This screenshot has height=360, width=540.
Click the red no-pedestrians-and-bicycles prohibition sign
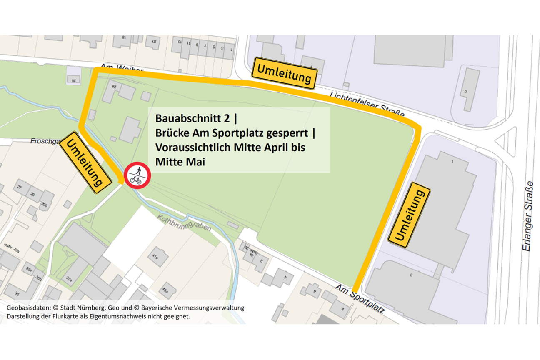point(137,175)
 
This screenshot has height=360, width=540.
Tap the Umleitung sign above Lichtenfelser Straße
point(285,73)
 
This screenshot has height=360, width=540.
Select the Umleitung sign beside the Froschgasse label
point(85,162)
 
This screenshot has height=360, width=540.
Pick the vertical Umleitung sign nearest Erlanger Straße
point(409,215)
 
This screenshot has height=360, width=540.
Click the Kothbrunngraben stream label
point(184,223)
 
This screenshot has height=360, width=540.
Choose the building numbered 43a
point(167,290)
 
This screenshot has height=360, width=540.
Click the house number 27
point(20,187)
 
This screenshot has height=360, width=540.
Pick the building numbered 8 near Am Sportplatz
point(342,309)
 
